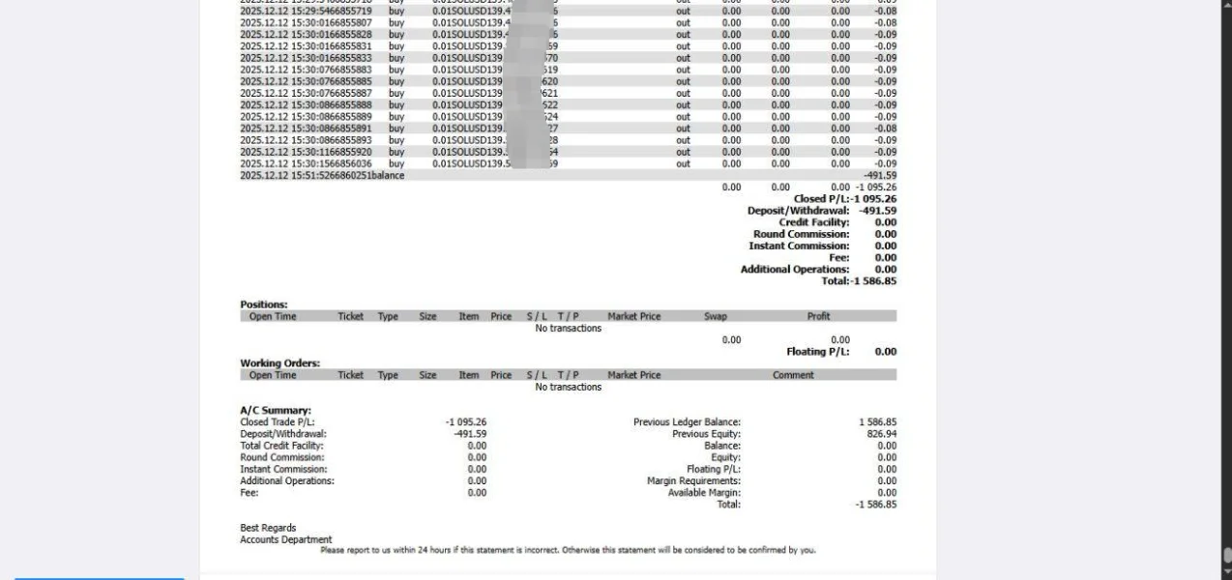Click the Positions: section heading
[264, 304]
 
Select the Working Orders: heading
[279, 363]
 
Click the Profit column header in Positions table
[818, 316]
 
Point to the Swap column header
[716, 316]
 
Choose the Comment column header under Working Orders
[793, 375]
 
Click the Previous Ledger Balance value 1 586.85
[876, 422]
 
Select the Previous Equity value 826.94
[880, 434]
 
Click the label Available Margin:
[704, 492]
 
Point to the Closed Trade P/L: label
[280, 422]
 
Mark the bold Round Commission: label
[801, 234]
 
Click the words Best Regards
[268, 528]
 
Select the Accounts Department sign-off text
[285, 539]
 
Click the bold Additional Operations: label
[794, 270]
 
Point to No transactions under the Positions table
[569, 329]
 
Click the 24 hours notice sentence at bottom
[568, 551]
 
